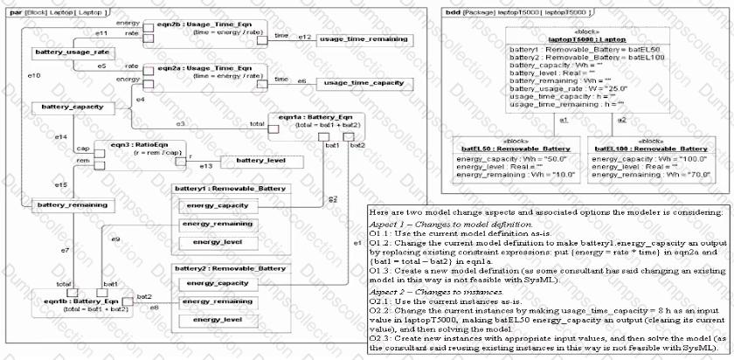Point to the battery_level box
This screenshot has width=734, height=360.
pos(262,161)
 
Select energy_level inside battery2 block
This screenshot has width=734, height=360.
pos(211,321)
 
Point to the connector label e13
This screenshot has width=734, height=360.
pos(205,165)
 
